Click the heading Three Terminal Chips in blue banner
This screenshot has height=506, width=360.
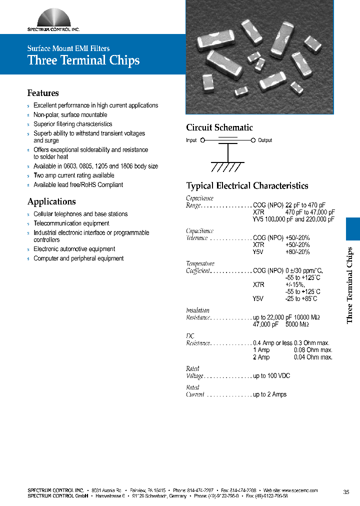pyautogui.click(x=83, y=60)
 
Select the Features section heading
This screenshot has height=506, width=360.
pyautogui.click(x=43, y=93)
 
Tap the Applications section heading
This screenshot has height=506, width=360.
pyautogui.click(x=51, y=201)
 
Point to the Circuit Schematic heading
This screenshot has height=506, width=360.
pyautogui.click(x=219, y=127)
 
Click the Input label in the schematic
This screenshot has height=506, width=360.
pyautogui.click(x=191, y=140)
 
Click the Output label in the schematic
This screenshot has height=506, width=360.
pyautogui.click(x=265, y=140)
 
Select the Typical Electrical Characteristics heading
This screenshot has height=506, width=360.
pyautogui.click(x=247, y=185)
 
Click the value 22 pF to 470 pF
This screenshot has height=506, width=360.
pyautogui.click(x=305, y=205)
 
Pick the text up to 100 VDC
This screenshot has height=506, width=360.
pyautogui.click(x=271, y=375)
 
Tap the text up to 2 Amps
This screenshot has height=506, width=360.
pyautogui.click(x=270, y=394)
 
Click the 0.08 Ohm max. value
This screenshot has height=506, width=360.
pyautogui.click(x=313, y=350)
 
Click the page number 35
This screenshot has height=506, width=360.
pyautogui.click(x=346, y=492)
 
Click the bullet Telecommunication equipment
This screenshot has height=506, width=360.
pyautogui.click(x=71, y=223)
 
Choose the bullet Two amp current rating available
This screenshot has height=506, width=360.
pyautogui.click(x=74, y=175)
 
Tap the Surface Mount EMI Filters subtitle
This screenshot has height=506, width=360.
pyautogui.click(x=68, y=48)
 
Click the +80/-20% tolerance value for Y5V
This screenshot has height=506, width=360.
pyautogui.click(x=297, y=252)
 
